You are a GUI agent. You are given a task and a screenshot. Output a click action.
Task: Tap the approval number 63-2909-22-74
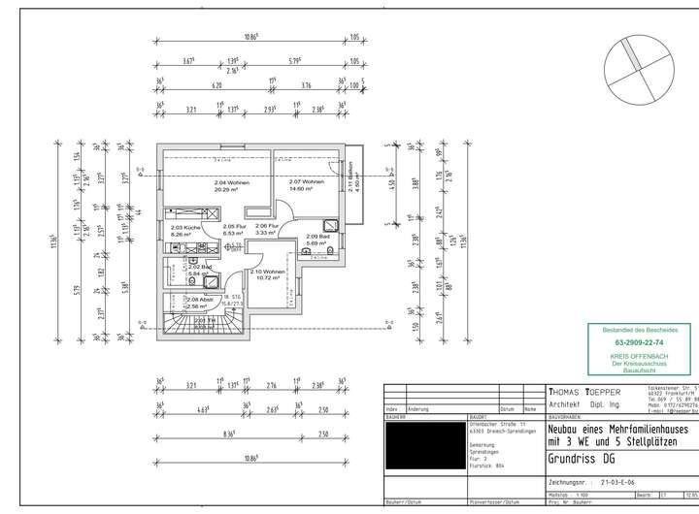pyautogui.click(x=640, y=342)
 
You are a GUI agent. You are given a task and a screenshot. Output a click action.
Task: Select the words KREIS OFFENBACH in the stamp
pyautogui.click(x=640, y=355)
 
